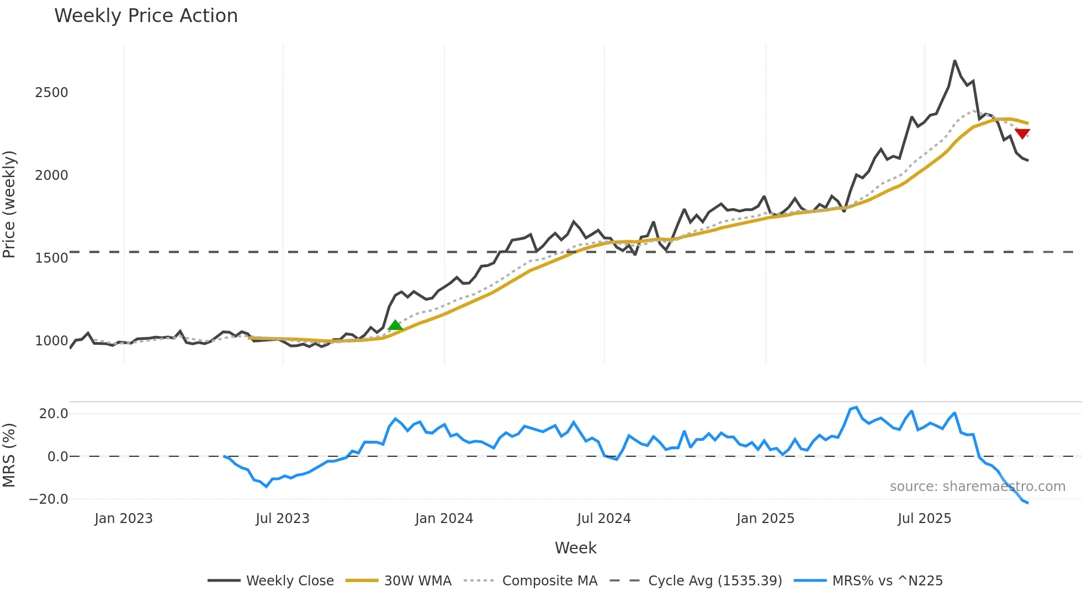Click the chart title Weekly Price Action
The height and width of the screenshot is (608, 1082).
(x=146, y=16)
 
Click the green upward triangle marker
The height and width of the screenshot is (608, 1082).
(x=395, y=325)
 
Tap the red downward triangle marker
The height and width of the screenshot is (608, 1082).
(x=1022, y=134)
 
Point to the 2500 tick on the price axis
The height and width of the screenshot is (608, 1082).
(x=51, y=92)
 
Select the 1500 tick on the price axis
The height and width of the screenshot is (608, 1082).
(x=51, y=258)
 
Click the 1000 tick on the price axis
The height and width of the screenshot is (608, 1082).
(x=51, y=340)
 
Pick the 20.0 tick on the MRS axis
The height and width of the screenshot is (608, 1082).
(x=54, y=413)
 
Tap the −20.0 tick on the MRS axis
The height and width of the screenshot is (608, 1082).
(x=49, y=499)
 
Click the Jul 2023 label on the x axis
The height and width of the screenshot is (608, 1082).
(x=283, y=519)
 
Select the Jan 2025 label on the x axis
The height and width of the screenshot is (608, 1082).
(x=765, y=519)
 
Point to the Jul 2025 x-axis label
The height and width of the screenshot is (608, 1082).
(x=925, y=519)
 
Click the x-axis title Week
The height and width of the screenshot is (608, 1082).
(x=575, y=548)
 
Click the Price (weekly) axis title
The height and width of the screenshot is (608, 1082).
(x=9, y=204)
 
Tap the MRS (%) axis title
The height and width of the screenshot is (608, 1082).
(x=9, y=455)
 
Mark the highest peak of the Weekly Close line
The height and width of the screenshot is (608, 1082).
(x=954, y=61)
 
